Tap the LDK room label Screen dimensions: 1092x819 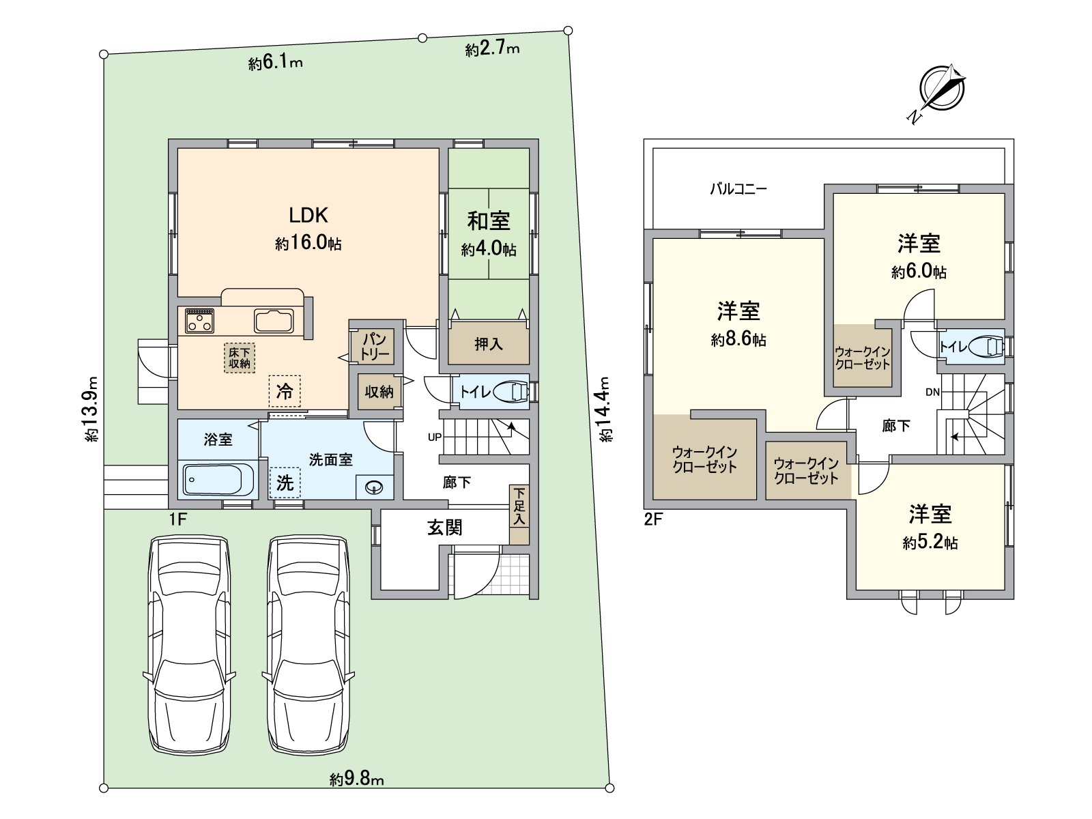click(x=308, y=215)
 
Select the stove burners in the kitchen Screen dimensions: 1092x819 click(x=199, y=320)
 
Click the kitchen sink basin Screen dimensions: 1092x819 click(x=274, y=321)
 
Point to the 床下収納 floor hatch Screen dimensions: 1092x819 click(x=240, y=358)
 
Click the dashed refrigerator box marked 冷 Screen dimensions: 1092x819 click(x=285, y=391)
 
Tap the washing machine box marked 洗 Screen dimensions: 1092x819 click(x=285, y=483)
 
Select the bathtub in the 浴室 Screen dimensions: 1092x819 click(x=218, y=480)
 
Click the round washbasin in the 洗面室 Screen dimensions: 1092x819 click(x=373, y=487)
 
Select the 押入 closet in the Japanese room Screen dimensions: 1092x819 click(x=489, y=343)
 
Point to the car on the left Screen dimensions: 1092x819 click(x=190, y=646)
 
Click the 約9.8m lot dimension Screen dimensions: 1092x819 click(x=356, y=779)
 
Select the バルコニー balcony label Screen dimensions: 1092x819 click(x=738, y=189)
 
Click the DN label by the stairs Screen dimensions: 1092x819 click(x=932, y=392)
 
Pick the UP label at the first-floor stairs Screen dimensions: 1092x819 click(x=435, y=437)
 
